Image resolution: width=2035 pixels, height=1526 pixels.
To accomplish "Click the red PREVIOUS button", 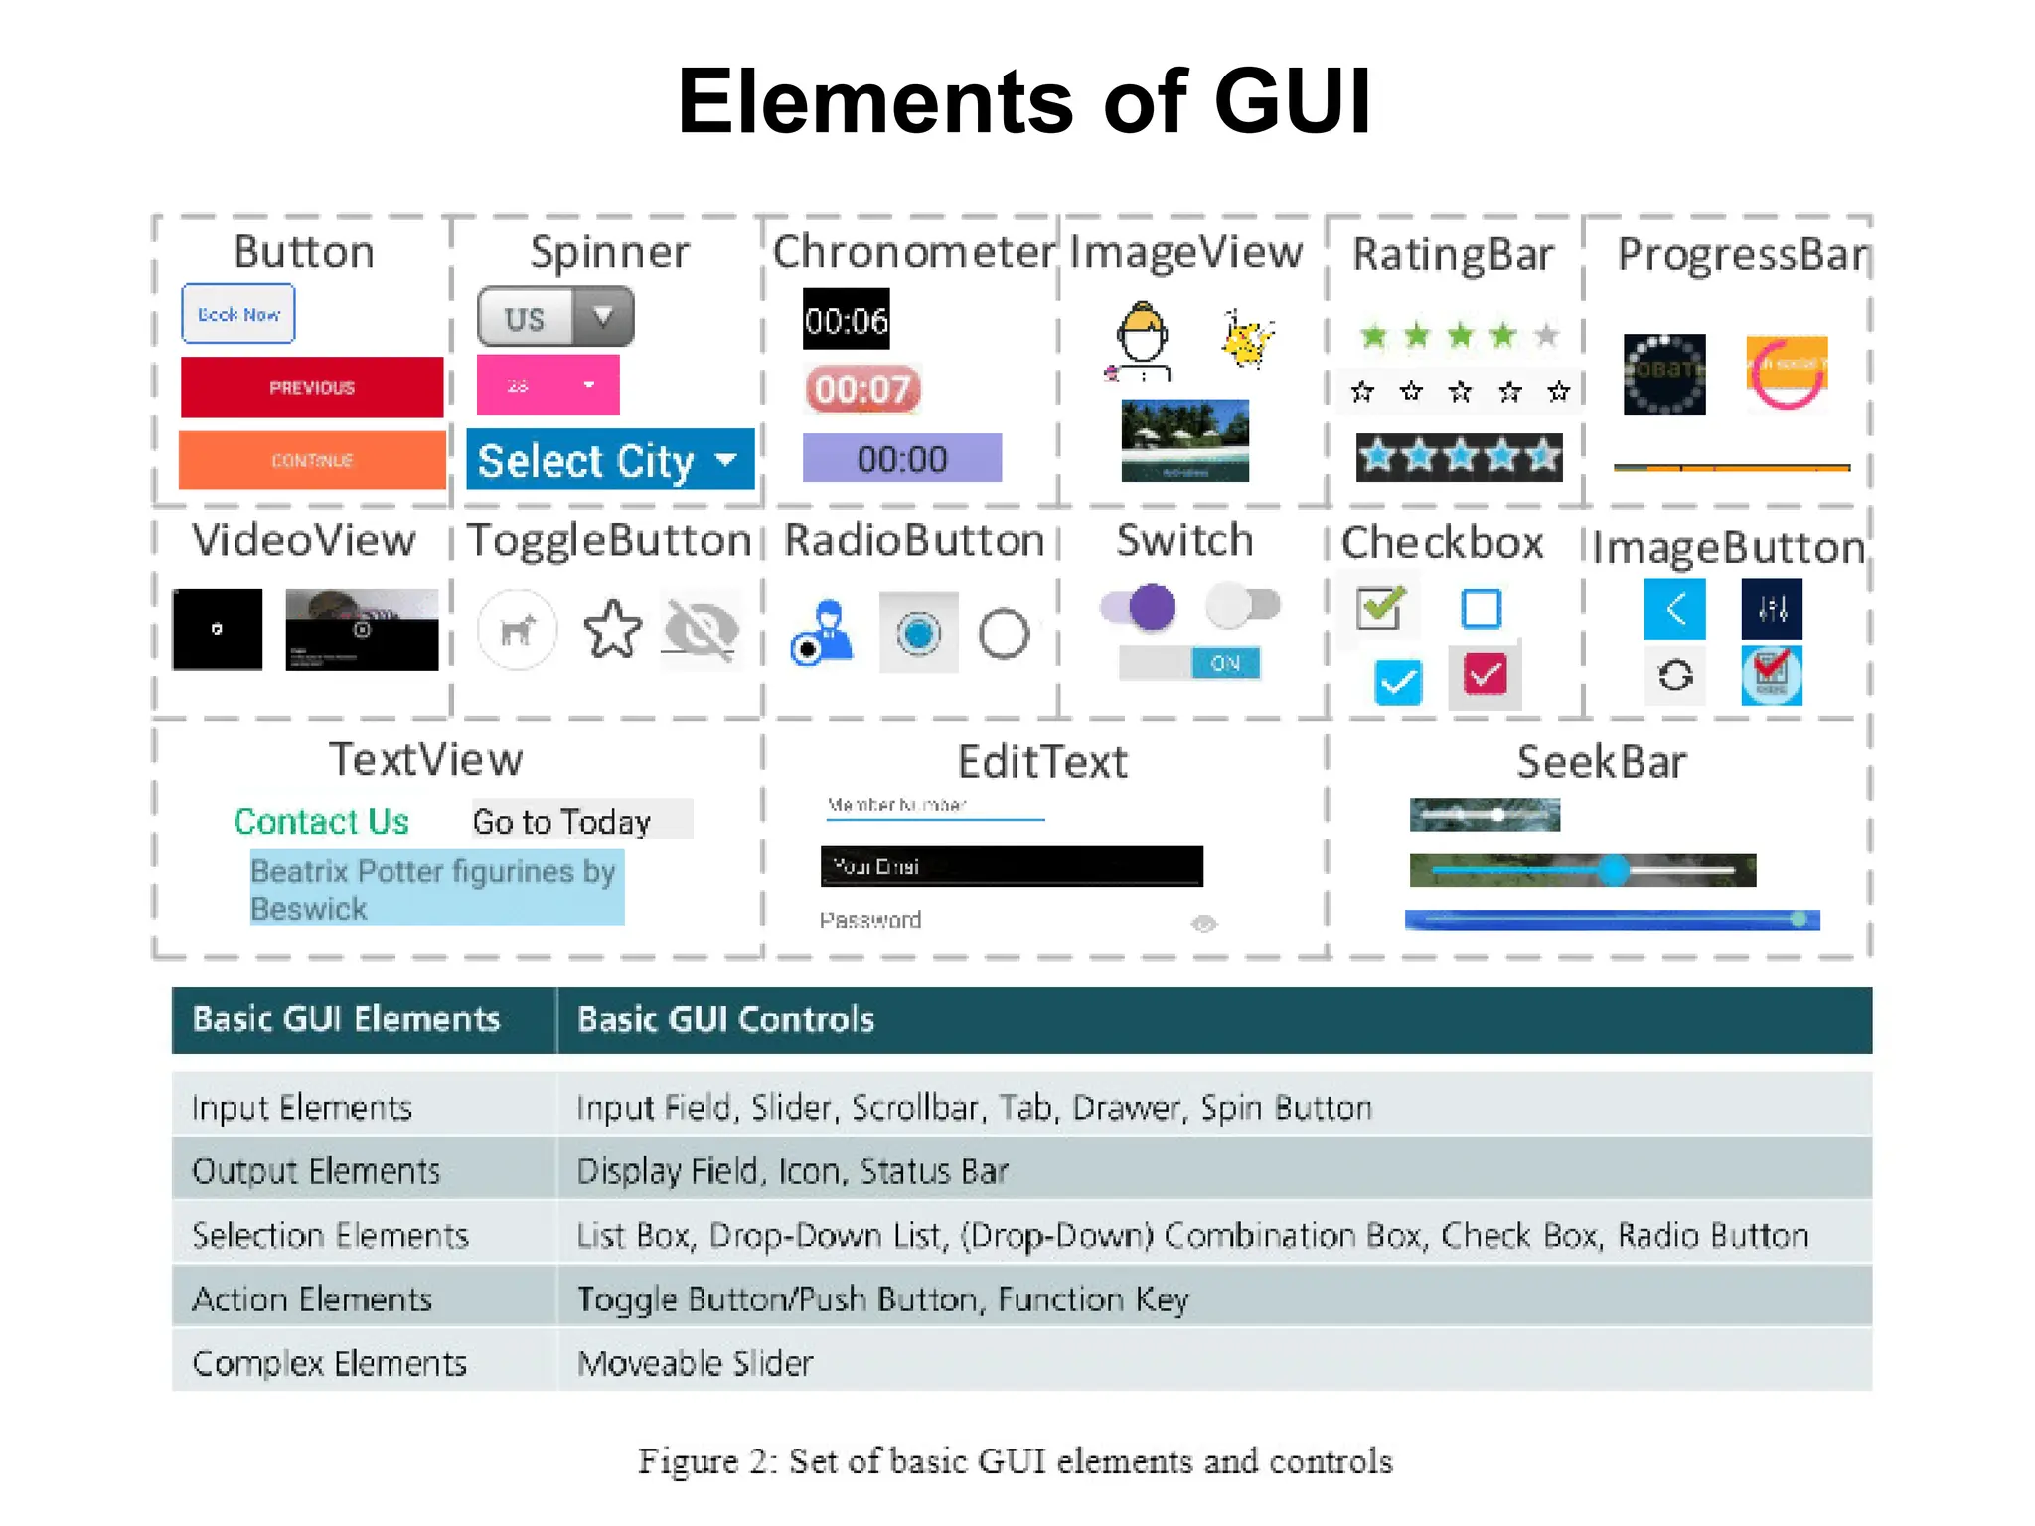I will pyautogui.click(x=311, y=387).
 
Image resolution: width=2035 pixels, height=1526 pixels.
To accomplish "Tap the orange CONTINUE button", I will pyautogui.click(x=311, y=460).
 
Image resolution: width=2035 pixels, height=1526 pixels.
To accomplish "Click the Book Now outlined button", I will pyautogui.click(x=238, y=314).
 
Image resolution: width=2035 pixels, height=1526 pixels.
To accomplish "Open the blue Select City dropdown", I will pyautogui.click(x=609, y=460).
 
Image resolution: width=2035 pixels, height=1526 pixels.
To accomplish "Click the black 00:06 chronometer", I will pyautogui.click(x=846, y=320).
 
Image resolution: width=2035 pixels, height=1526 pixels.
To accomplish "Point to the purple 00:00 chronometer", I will pyautogui.click(x=901, y=458).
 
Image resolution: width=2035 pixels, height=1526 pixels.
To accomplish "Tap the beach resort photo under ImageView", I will pyautogui.click(x=1184, y=440).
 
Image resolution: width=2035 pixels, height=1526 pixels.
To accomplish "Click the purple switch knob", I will pyautogui.click(x=1152, y=606).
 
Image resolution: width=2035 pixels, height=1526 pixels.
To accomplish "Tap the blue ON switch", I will pyautogui.click(x=1224, y=663).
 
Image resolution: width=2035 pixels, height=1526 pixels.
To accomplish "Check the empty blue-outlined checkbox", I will pyautogui.click(x=1481, y=608).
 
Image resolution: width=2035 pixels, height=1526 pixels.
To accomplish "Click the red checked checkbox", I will pyautogui.click(x=1485, y=676).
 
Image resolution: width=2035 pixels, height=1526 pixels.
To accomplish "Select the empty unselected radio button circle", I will pyautogui.click(x=1004, y=633).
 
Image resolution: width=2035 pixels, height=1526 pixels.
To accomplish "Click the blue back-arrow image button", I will pyautogui.click(x=1674, y=608).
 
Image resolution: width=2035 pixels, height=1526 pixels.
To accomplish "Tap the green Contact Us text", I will pyautogui.click(x=321, y=821).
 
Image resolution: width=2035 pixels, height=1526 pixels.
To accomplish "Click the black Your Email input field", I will pyautogui.click(x=1011, y=866).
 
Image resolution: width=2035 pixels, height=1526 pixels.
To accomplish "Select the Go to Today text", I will pyautogui.click(x=562, y=822).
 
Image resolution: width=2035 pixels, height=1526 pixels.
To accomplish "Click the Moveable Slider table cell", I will pyautogui.click(x=696, y=1363).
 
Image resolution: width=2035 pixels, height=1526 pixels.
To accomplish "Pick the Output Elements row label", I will pyautogui.click(x=316, y=1171).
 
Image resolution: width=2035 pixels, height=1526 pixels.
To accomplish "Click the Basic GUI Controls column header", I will pyautogui.click(x=725, y=1020).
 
